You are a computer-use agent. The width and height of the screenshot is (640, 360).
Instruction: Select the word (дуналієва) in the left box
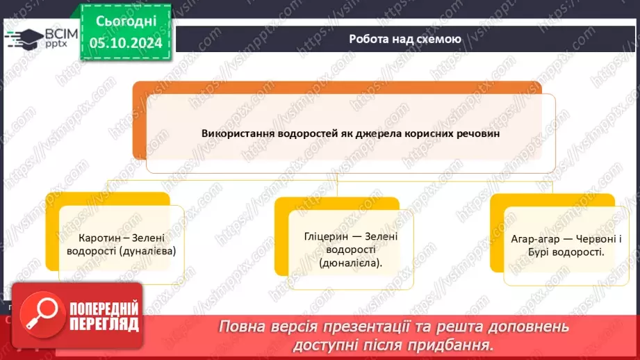147,250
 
